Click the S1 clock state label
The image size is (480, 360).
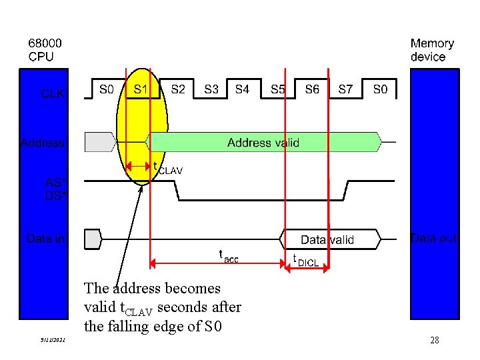pos(141,89)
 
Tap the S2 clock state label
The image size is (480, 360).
pos(178,89)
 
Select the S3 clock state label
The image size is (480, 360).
pos(211,89)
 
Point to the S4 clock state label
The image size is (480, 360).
pos(243,89)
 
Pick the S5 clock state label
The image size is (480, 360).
pos(278,89)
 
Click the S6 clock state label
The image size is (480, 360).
pos(312,89)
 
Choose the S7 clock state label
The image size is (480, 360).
pos(345,89)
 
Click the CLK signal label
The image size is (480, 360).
pos(53,94)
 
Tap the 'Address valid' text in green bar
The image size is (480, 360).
pos(263,143)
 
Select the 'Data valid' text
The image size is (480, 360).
pos(327,240)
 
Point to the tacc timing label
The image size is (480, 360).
pos(229,255)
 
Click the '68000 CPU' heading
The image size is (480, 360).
pos(41,50)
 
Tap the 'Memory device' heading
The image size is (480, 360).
pos(432,50)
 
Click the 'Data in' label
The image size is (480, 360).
pos(46,238)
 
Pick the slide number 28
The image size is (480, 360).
pos(434,341)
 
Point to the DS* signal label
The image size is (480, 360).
pos(55,196)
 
